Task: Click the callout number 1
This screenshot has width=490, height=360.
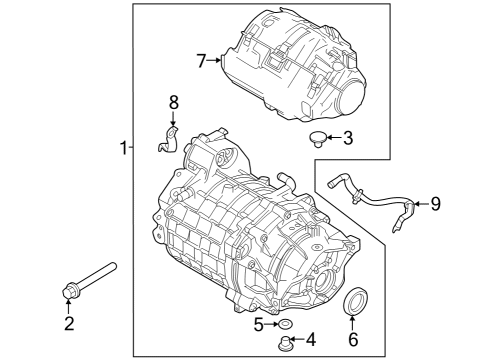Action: coord(122,149)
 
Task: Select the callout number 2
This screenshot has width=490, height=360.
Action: coord(69,322)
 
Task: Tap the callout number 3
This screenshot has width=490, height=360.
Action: coord(347,138)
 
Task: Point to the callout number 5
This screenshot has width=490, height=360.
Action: coord(258,324)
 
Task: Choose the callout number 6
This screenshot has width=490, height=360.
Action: coord(353,338)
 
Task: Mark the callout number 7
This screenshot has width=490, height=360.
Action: coord(202,61)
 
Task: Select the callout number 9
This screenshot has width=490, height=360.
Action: coord(435,204)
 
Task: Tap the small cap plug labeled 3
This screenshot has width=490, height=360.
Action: coord(315,137)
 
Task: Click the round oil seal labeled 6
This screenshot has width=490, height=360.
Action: coord(354,302)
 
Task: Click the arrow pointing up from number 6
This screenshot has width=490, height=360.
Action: coord(353,322)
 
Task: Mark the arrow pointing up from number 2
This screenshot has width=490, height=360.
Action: coord(69,306)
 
